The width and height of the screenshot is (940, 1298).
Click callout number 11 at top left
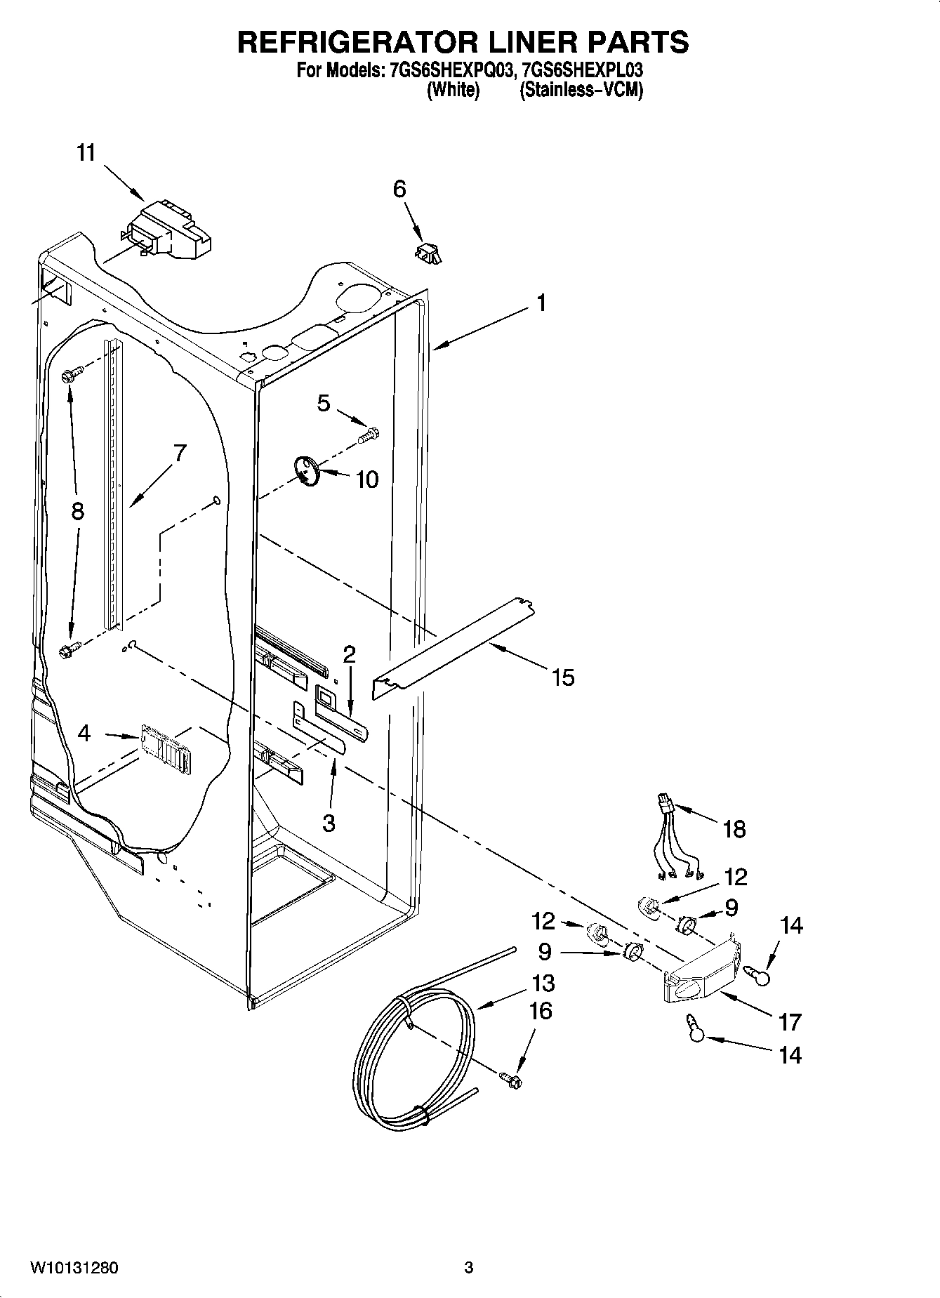click(86, 153)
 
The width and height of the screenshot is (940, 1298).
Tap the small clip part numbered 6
click(428, 253)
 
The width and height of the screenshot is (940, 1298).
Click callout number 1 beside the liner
click(540, 303)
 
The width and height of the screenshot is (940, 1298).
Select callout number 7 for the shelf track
click(180, 453)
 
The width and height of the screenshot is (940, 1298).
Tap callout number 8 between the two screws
click(77, 511)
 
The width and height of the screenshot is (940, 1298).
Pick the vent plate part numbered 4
click(166, 749)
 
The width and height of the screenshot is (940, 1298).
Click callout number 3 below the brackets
click(329, 822)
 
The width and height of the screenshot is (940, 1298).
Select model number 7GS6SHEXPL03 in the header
click(578, 71)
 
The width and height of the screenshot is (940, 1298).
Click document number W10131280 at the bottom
click(74, 1268)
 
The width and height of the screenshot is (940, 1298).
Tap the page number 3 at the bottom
click(469, 1268)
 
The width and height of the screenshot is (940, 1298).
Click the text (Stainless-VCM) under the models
click(581, 90)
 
